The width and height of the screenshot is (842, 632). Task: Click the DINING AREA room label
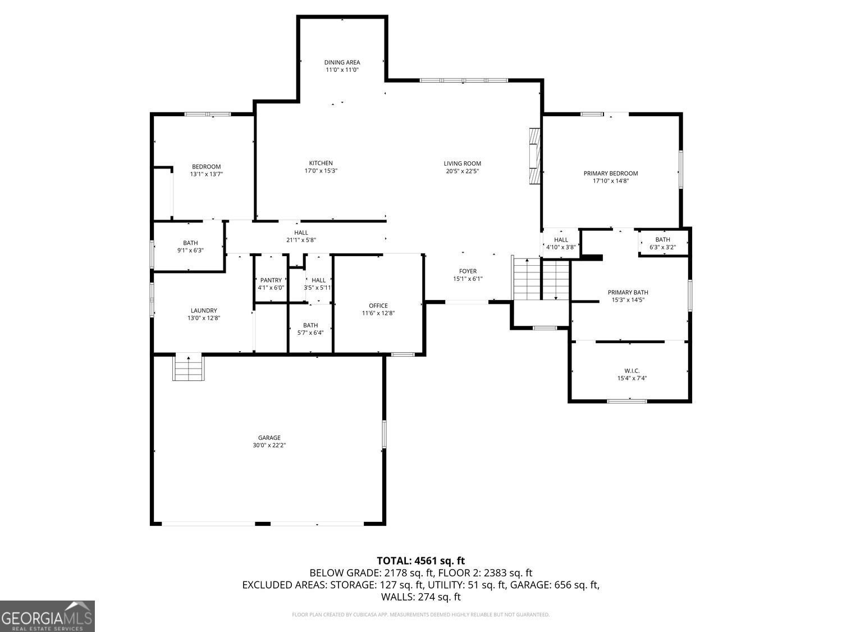click(342, 62)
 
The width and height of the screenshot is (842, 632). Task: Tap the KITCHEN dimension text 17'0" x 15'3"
click(321, 171)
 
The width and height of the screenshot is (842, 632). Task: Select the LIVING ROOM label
click(462, 163)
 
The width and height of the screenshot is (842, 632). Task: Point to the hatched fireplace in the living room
click(535, 156)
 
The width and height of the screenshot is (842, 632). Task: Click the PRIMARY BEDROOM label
click(611, 174)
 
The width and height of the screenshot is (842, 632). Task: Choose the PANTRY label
click(271, 280)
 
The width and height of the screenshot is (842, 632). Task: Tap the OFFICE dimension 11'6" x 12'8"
click(378, 313)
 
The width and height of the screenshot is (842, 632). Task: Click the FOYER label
click(468, 271)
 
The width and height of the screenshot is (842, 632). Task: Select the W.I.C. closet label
click(632, 371)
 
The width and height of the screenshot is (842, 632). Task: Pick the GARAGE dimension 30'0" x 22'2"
click(269, 445)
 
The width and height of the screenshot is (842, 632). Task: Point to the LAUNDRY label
click(204, 311)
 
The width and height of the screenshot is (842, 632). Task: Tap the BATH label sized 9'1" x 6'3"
click(190, 243)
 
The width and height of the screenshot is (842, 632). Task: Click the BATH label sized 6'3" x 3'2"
click(662, 239)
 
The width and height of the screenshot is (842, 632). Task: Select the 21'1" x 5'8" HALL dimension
click(301, 240)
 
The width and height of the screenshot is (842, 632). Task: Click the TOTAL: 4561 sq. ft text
click(421, 561)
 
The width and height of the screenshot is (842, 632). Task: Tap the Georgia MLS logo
click(47, 616)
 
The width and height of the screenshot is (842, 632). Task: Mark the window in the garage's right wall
click(384, 434)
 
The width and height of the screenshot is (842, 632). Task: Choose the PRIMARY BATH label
click(628, 292)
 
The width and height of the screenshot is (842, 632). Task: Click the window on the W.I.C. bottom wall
click(627, 401)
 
